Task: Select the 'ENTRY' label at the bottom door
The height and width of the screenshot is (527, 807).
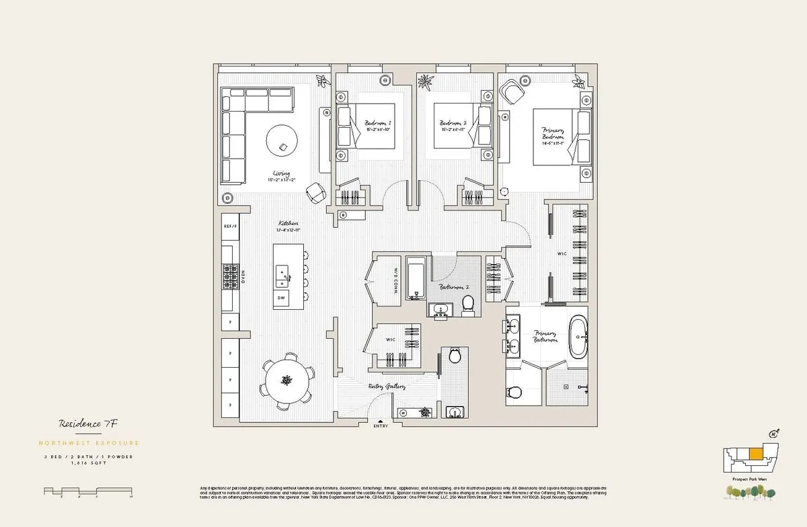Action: [381, 425]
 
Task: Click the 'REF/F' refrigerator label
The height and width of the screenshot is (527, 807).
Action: [231, 227]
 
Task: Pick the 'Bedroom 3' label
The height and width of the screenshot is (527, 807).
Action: [378, 124]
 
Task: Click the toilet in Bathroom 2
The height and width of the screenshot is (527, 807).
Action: [468, 307]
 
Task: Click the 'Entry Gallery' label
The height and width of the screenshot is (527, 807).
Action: [387, 387]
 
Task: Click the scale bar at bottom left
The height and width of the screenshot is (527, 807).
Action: [87, 491]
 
